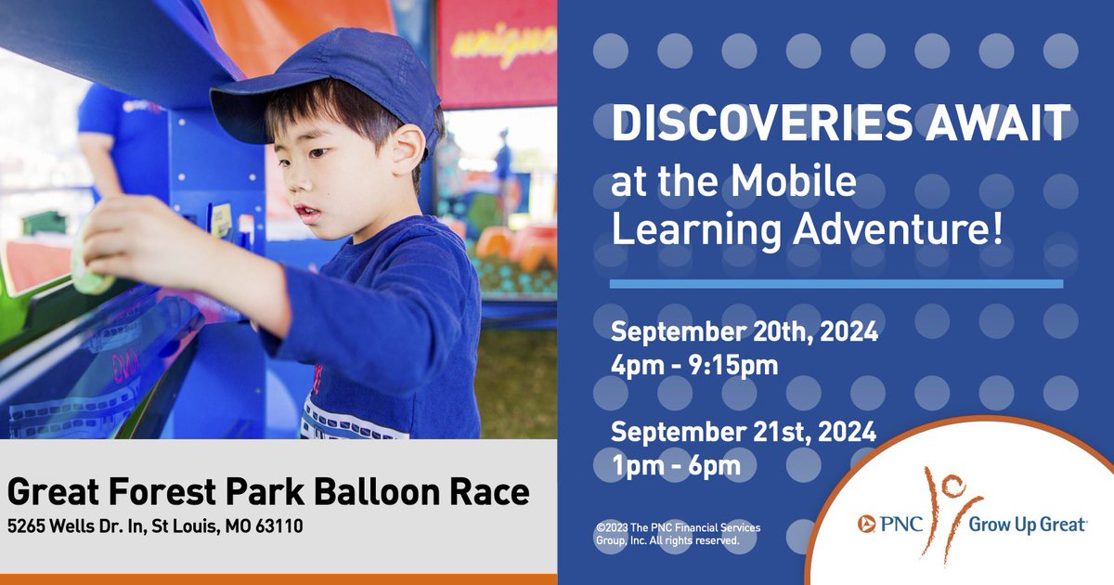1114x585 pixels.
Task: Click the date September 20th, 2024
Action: pyautogui.click(x=743, y=331)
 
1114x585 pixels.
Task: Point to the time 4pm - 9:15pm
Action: pyautogui.click(x=694, y=365)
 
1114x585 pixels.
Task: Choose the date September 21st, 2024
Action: pyautogui.click(x=743, y=432)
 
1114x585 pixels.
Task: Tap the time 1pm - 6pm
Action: pyautogui.click(x=676, y=465)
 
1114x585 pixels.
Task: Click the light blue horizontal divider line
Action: pyautogui.click(x=835, y=283)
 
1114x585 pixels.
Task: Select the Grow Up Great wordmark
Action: pyautogui.click(x=1027, y=526)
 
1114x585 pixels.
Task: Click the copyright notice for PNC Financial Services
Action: pyautogui.click(x=678, y=534)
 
